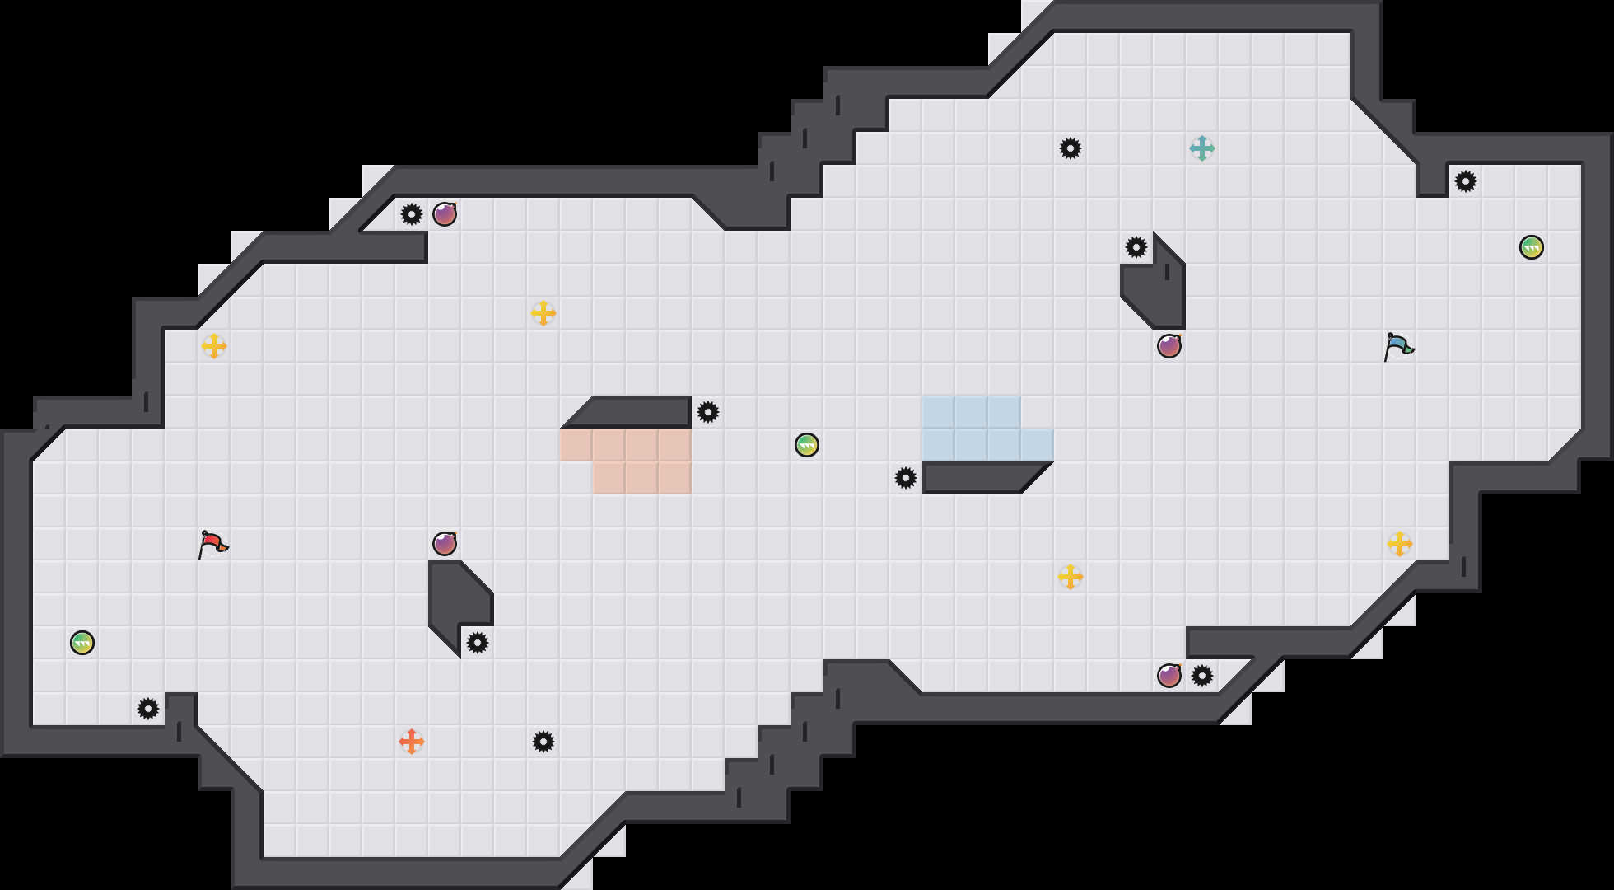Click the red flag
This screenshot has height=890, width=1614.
212,544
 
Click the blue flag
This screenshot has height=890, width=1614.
1398,346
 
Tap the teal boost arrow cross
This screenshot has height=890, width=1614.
1202,148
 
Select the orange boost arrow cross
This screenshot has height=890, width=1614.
412,742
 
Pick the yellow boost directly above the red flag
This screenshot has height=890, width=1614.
214,346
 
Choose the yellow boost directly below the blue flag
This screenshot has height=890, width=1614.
1400,544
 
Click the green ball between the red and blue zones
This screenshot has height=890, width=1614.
807,445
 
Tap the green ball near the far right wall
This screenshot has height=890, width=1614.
1532,247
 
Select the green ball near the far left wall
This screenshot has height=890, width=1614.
82,643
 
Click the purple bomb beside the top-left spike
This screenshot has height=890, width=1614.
445,214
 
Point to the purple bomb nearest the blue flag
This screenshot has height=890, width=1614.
1169,346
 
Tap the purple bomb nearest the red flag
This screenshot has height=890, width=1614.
445,544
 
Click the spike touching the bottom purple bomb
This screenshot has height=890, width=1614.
1202,676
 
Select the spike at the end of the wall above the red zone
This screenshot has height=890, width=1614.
708,412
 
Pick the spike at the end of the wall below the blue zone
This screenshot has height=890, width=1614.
906,478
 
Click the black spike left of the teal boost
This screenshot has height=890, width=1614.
1071,148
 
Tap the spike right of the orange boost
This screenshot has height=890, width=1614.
543,742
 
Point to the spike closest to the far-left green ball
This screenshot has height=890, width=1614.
148,709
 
